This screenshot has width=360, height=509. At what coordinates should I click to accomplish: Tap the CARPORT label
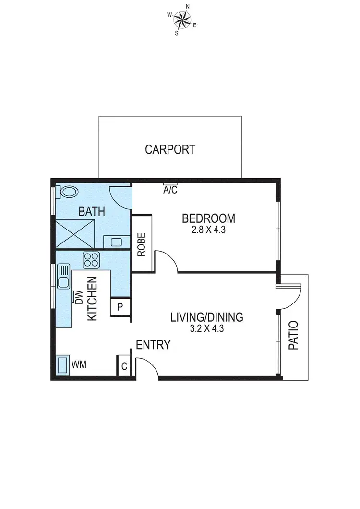(x=170, y=149)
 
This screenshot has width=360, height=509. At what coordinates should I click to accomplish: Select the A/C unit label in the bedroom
(x=170, y=190)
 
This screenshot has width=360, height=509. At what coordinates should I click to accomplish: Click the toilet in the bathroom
(x=68, y=192)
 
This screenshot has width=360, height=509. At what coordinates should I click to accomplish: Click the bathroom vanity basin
(x=117, y=242)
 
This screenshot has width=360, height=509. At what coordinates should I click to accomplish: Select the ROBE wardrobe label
(x=142, y=245)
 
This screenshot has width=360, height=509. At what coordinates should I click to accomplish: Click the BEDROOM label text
(x=208, y=218)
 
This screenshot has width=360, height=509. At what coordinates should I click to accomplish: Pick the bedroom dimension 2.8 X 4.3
(x=208, y=230)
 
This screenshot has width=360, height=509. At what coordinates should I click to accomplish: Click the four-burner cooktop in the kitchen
(x=91, y=260)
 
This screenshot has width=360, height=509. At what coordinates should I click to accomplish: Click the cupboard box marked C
(x=124, y=367)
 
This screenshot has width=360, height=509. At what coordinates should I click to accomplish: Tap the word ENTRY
(x=153, y=344)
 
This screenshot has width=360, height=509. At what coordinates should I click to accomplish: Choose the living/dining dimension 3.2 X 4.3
(x=207, y=329)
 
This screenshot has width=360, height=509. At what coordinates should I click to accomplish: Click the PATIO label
(x=293, y=335)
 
